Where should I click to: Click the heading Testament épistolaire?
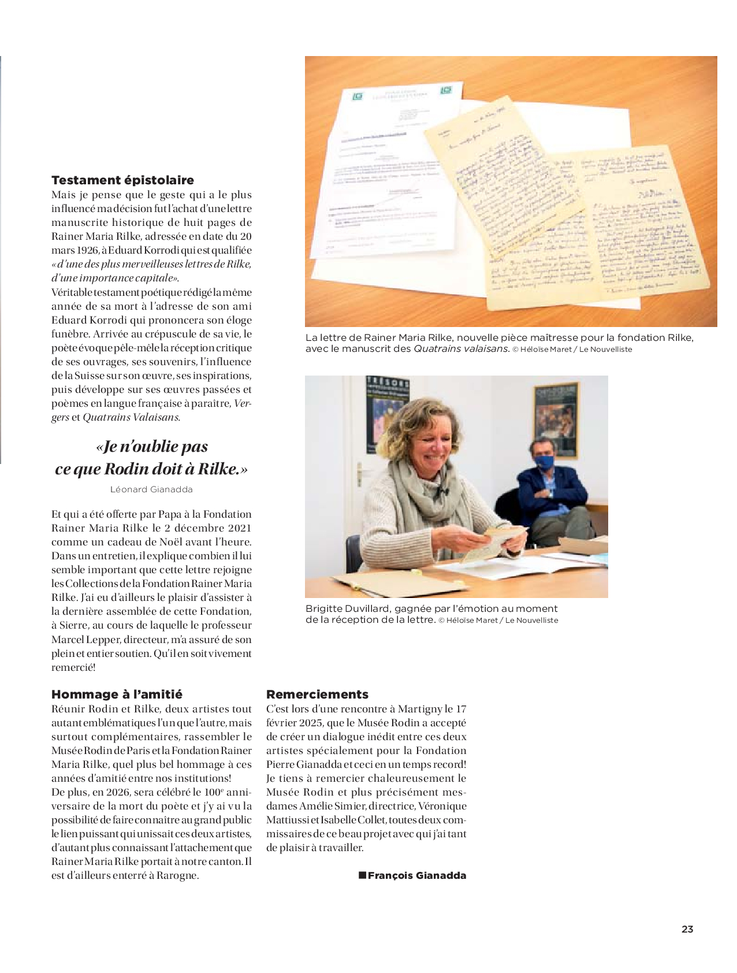tap(122, 180)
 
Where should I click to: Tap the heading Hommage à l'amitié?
tap(117, 695)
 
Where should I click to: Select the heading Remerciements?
tap(317, 695)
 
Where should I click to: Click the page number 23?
tap(687, 929)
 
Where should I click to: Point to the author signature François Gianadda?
tap(416, 875)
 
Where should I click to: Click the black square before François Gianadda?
tap(362, 875)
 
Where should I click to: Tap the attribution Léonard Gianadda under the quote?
tap(151, 489)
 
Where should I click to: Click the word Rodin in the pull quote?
tap(126, 469)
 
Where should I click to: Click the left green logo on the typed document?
tap(358, 96)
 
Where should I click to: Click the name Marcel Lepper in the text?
tap(85, 640)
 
